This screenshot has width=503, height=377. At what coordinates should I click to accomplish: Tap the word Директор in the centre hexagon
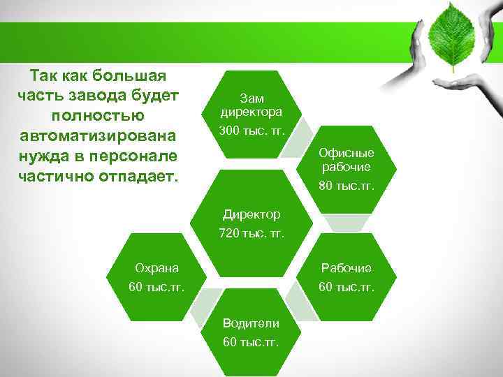point(251,214)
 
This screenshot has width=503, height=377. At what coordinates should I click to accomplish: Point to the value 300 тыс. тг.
point(251,131)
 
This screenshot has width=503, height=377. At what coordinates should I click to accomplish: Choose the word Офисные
point(347,153)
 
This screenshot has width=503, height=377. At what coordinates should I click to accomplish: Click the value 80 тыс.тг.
point(347,186)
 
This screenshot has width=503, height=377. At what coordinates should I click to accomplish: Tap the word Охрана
point(156,267)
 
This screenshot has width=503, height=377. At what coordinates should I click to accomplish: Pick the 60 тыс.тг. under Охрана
point(156,287)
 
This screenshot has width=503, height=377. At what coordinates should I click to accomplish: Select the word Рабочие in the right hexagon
point(346,267)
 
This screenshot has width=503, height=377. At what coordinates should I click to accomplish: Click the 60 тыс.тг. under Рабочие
point(346,287)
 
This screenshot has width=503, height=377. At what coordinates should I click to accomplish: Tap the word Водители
point(251,323)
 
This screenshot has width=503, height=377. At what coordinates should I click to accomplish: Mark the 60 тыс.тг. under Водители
point(251,342)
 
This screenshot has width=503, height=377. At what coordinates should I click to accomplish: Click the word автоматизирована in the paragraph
point(99,134)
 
